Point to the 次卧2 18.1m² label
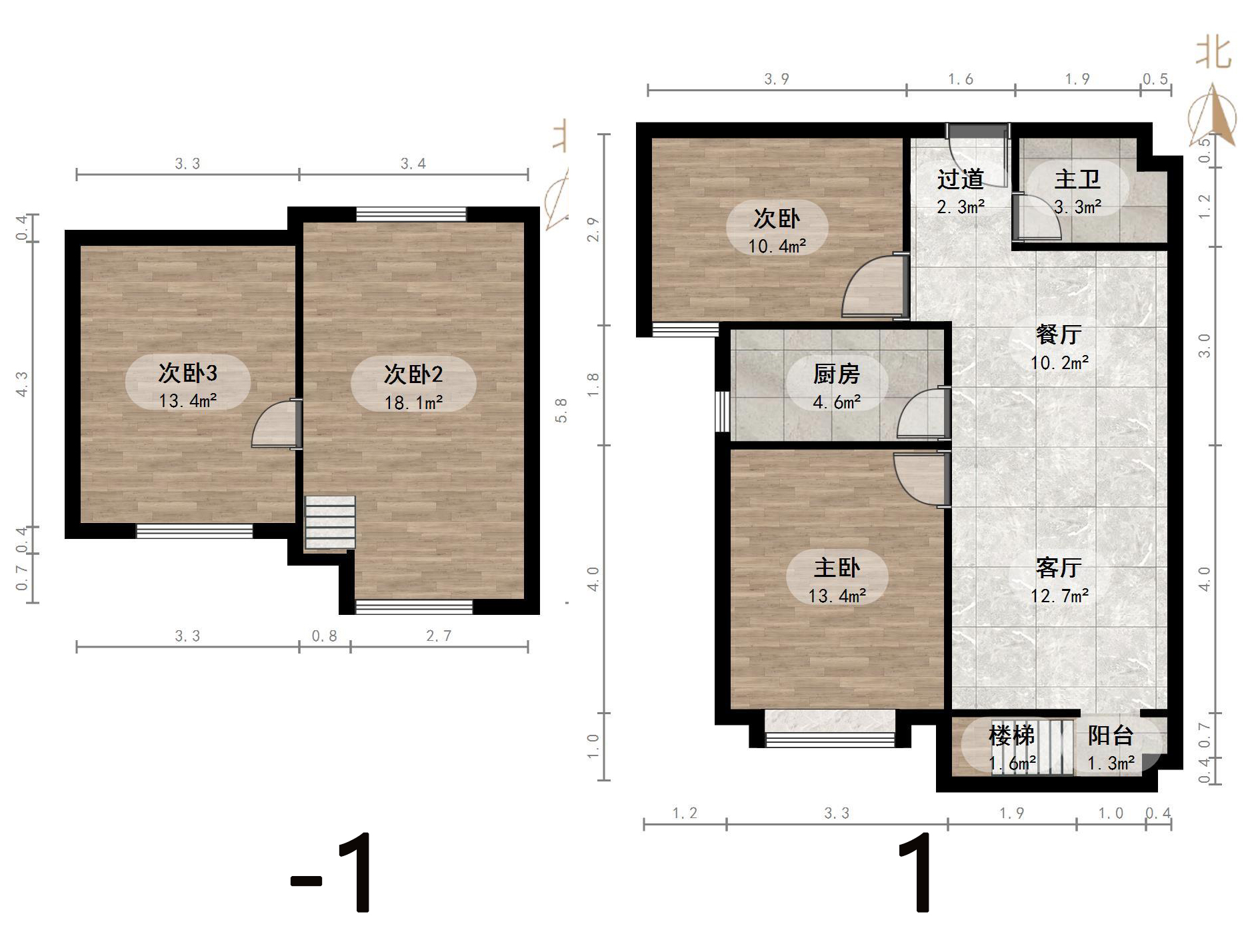[x=413, y=387]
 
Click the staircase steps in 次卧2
[x=330, y=522]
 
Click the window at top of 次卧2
[x=411, y=214]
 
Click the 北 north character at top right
[x=1213, y=52]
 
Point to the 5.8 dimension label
[x=561, y=410]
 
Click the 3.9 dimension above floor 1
[x=776, y=79]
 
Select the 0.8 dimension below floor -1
[x=324, y=636]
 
